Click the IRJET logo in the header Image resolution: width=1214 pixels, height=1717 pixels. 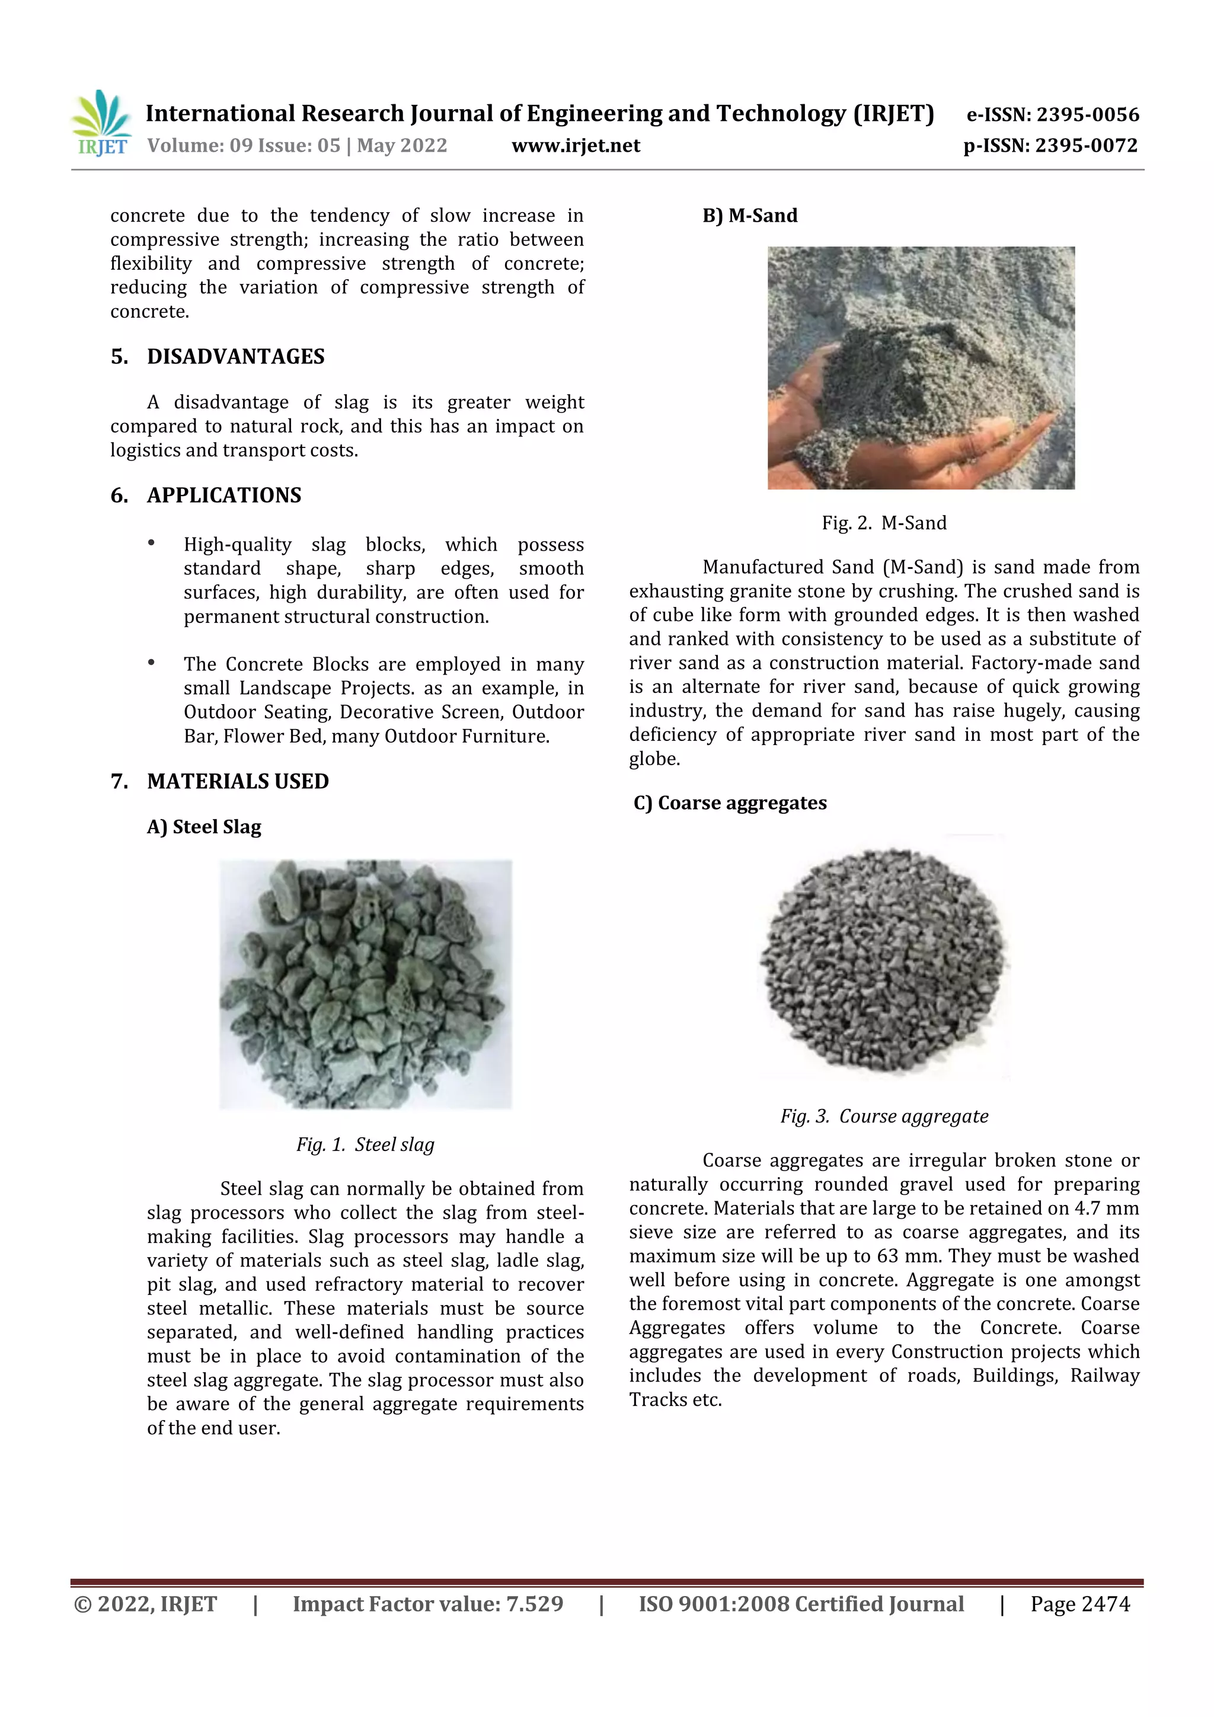102,123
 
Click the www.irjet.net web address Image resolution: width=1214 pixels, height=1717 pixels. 575,146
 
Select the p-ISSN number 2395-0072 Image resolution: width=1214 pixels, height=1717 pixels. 1086,146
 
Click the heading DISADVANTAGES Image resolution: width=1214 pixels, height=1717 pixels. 235,357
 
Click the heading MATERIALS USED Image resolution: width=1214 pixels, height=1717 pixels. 238,782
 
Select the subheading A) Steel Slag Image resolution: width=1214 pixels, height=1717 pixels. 204,827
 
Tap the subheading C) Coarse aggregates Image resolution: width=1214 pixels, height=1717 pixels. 730,803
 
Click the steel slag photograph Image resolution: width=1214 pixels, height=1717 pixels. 365,984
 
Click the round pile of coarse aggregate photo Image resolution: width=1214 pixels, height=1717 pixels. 884,960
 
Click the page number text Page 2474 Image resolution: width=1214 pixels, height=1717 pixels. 1079,1604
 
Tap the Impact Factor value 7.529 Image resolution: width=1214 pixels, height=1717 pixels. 534,1604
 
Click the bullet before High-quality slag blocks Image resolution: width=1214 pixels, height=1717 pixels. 152,543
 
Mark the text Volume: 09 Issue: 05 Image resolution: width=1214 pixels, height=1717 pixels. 244,146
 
